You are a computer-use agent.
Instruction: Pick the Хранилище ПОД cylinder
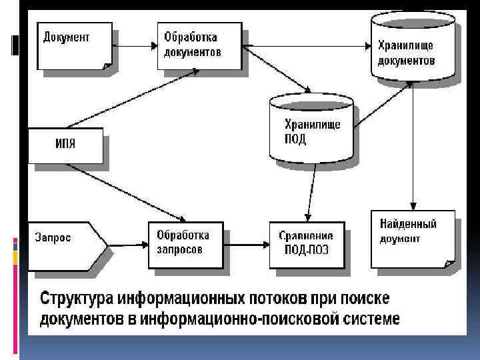click(312, 130)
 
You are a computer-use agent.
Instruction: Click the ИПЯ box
click(65, 146)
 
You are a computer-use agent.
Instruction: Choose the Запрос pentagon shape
click(63, 245)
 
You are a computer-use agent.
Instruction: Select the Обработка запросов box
click(187, 244)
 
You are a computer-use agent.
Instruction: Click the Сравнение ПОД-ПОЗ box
click(308, 244)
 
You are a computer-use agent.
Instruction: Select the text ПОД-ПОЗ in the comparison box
click(306, 251)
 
